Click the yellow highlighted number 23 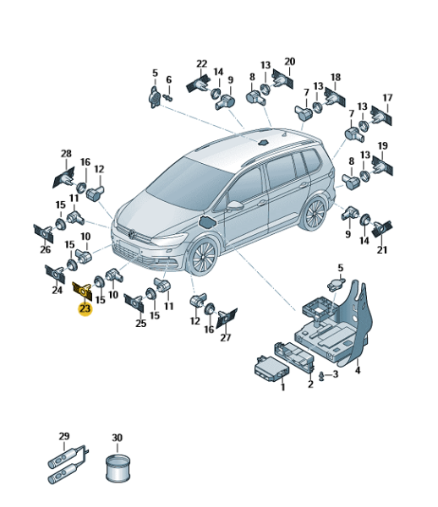[x=85, y=308]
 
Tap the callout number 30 [x=117, y=438]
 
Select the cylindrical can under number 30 [x=118, y=467]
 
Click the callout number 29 [x=64, y=436]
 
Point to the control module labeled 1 [x=271, y=370]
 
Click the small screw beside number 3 [x=321, y=376]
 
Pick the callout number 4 [x=357, y=370]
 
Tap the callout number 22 [x=201, y=63]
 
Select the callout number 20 [x=289, y=62]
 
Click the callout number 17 [x=387, y=97]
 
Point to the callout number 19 [x=383, y=146]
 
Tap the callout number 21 [x=382, y=250]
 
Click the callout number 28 [x=66, y=153]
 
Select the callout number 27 [x=226, y=337]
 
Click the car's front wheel [x=203, y=256]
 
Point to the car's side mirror [x=235, y=205]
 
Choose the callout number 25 [x=140, y=323]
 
